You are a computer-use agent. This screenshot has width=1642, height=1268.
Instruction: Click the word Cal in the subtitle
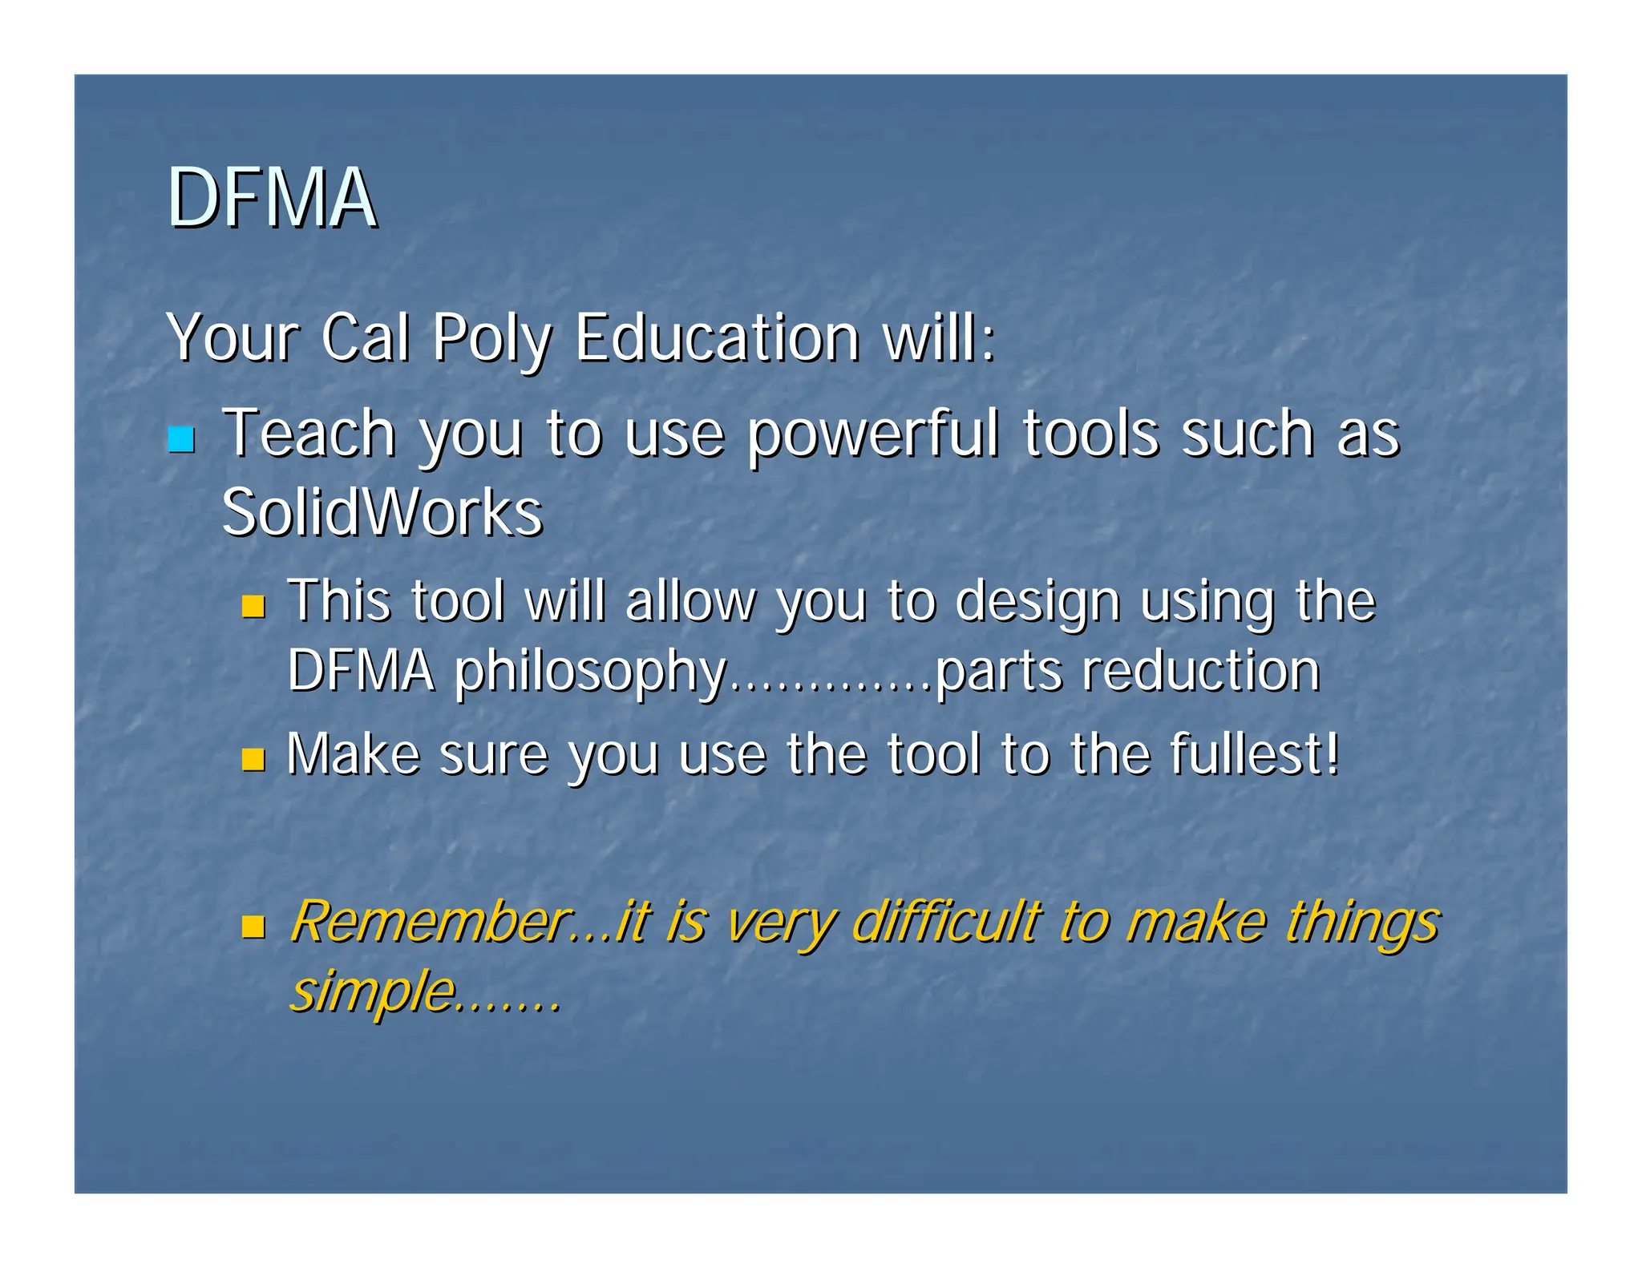tap(365, 337)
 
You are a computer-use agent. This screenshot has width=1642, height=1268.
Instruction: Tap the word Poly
tap(491, 340)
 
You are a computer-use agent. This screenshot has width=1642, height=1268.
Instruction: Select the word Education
tap(718, 337)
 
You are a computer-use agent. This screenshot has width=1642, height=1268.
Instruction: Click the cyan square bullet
tap(182, 439)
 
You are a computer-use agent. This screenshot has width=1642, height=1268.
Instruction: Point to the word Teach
tap(309, 434)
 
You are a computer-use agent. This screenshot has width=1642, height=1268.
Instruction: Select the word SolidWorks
tap(382, 512)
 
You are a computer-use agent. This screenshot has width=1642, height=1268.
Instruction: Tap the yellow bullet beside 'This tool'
tap(253, 606)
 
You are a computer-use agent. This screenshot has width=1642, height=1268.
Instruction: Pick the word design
tap(1037, 603)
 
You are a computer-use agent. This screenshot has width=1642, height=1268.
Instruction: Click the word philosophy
tap(590, 673)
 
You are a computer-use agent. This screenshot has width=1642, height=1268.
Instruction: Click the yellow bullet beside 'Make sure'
tap(253, 758)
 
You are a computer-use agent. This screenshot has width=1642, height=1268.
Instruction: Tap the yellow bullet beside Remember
tap(253, 927)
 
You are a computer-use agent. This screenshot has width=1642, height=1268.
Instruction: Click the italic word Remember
tap(430, 922)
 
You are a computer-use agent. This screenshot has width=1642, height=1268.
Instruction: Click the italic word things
tap(1363, 924)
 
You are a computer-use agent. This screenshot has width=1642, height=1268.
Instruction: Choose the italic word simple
tap(372, 992)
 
